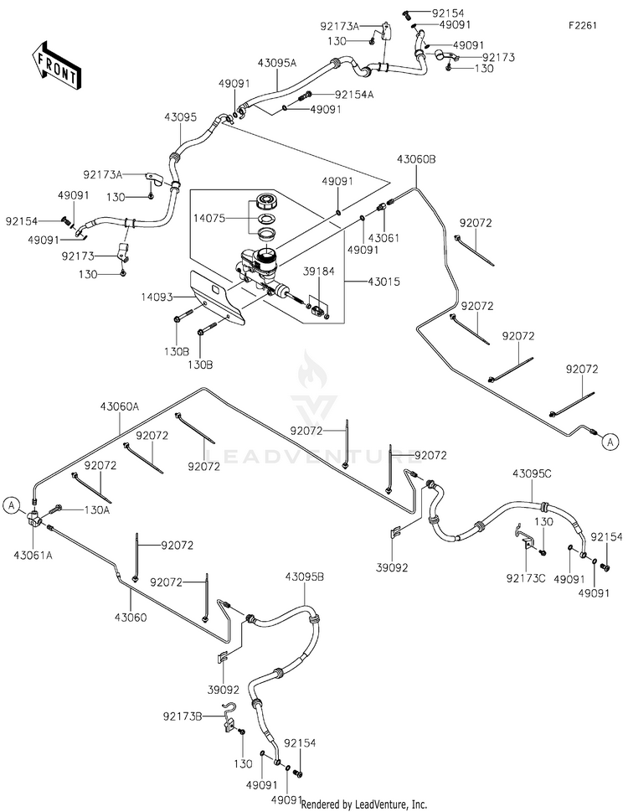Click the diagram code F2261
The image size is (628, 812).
point(583,25)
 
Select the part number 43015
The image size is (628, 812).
point(383,282)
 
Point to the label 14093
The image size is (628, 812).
point(157,297)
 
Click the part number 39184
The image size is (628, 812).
point(319,271)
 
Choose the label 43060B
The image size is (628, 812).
point(416,159)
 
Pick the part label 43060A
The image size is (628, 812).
point(120,407)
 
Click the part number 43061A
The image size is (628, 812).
point(33,556)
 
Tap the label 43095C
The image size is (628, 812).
point(533,473)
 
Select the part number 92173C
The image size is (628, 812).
point(526,578)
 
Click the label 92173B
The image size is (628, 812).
point(183,716)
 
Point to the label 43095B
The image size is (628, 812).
point(305,577)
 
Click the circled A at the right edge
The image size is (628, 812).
point(610,442)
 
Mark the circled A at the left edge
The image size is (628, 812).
point(12,505)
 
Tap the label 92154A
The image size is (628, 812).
point(354,94)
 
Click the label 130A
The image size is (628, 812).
point(97,509)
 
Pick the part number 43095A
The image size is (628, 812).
point(277,63)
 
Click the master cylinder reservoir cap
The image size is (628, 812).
point(268,201)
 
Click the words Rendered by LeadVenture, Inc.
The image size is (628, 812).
point(364,804)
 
